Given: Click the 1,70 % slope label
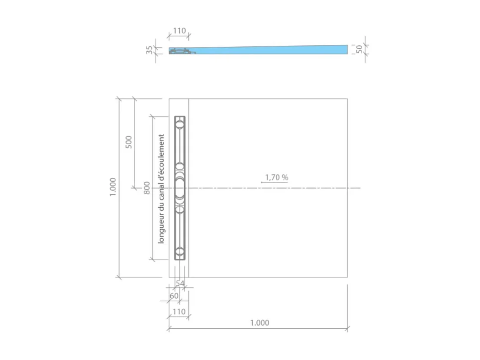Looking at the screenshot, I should click(277, 177).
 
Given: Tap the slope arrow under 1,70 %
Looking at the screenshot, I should click(274, 183).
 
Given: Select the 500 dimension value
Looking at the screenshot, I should click(129, 142).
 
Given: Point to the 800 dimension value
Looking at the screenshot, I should click(147, 188).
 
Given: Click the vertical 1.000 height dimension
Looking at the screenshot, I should click(112, 187).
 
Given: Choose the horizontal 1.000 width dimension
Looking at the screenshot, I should click(259, 323).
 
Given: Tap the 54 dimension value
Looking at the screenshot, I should click(180, 283).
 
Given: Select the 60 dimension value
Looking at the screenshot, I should click(174, 296).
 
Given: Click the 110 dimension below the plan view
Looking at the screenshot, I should click(179, 311).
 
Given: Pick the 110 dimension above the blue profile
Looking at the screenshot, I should click(179, 31).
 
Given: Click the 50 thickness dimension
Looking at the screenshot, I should click(359, 49).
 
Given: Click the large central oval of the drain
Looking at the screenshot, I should click(180, 188).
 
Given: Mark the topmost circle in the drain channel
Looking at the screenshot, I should click(180, 124).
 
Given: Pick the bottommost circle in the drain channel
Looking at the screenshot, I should click(180, 251).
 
